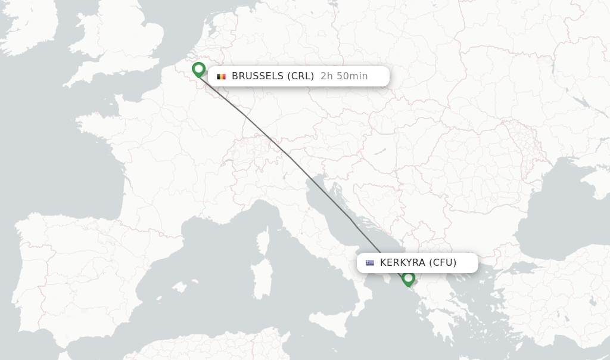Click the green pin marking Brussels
coord(199,69)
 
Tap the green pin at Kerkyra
coord(408,278)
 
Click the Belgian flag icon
coord(221,76)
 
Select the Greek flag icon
coord(370,263)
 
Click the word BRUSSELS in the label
coord(257,76)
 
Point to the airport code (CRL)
coord(300,76)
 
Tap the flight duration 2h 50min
coord(344,76)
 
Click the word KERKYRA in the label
coord(402,263)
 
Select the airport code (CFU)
coord(442,263)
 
